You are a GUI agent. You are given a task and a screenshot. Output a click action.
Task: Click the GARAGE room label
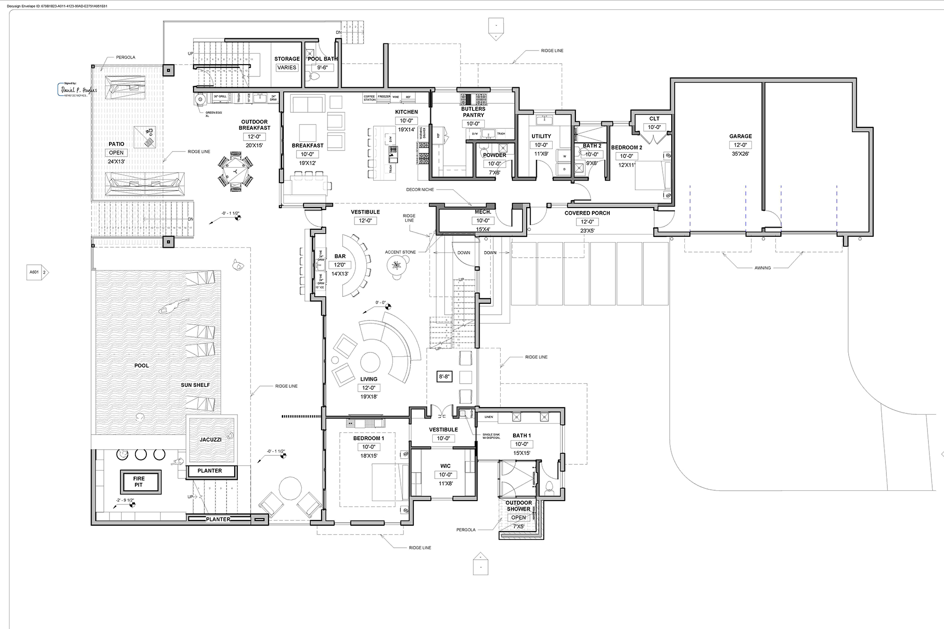point(740,136)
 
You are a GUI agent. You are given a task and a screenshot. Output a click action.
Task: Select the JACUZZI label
point(211,439)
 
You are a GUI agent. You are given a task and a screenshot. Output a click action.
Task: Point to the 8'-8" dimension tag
point(444,377)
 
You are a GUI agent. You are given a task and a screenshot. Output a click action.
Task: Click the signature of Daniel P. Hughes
point(79,90)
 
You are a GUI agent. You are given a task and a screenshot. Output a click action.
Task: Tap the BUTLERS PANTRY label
point(473,112)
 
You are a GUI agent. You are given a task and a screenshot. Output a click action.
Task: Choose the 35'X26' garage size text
point(740,154)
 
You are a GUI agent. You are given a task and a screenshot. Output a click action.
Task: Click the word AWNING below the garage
point(762,268)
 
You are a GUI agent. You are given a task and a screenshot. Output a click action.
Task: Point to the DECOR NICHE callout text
point(420,190)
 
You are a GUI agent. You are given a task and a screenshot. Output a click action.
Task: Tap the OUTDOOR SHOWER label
point(518,506)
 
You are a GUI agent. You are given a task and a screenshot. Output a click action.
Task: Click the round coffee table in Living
point(370,362)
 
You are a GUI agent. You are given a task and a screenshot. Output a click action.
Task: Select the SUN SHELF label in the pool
point(195,385)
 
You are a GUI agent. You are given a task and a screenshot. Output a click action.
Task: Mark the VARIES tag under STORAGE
point(287,67)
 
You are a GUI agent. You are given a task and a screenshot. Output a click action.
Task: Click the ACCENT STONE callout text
point(400,252)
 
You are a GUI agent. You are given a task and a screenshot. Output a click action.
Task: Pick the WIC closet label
point(445,466)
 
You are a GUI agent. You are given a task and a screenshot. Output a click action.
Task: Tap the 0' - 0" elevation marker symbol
point(388,306)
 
